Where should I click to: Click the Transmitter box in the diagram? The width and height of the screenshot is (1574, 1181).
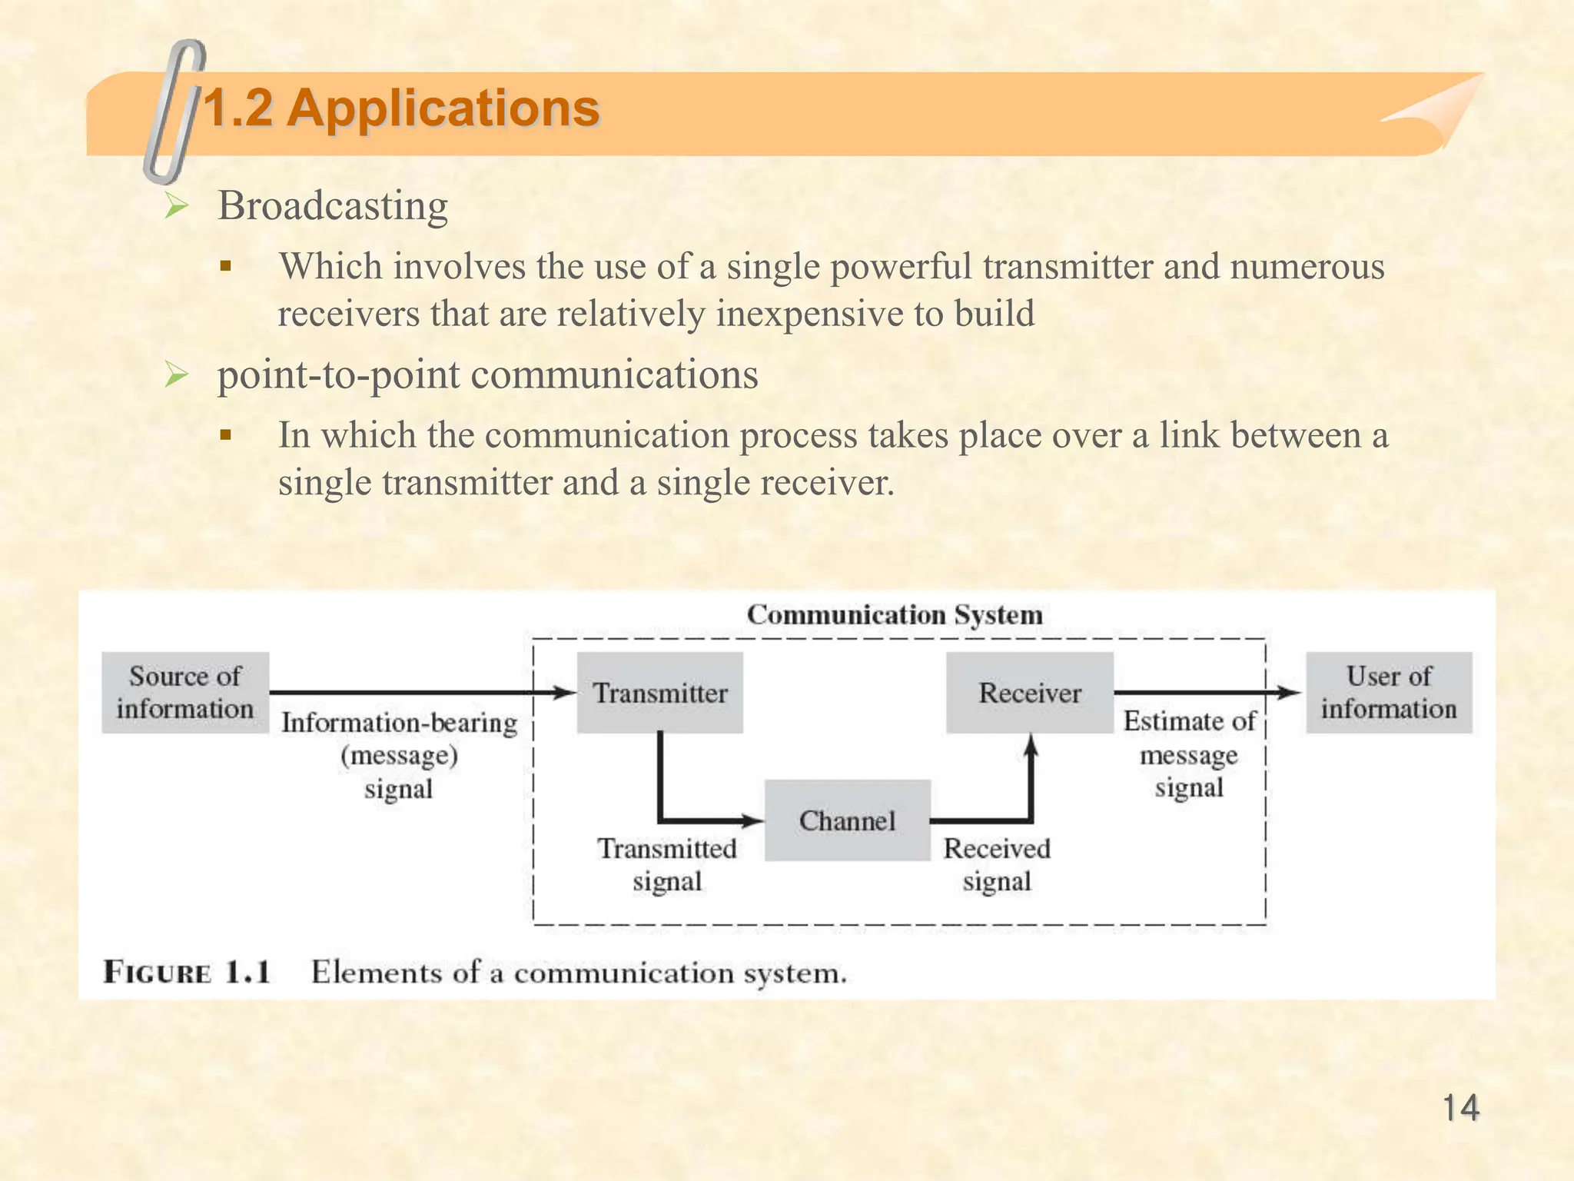pyautogui.click(x=659, y=693)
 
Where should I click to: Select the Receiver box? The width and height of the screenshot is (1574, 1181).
pyautogui.click(x=1029, y=693)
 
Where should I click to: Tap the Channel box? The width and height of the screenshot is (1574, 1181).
pyautogui.click(x=847, y=820)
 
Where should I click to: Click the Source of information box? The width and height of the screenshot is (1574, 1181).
pyautogui.click(x=185, y=692)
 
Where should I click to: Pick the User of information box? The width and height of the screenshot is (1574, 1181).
pyautogui.click(x=1389, y=692)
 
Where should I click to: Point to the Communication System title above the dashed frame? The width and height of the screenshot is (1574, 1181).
pyautogui.click(x=895, y=615)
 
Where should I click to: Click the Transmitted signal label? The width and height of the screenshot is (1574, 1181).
pyautogui.click(x=667, y=865)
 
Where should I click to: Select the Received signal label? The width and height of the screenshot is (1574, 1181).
pyautogui.click(x=997, y=865)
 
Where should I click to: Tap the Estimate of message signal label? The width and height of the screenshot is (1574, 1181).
pyautogui.click(x=1189, y=754)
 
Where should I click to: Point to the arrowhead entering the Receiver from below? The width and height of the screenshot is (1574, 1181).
pyautogui.click(x=1031, y=743)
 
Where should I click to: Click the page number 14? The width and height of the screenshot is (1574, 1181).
pyautogui.click(x=1460, y=1109)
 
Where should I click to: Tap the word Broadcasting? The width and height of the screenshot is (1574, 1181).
pyautogui.click(x=333, y=206)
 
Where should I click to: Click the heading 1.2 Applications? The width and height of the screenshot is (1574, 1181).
pyautogui.click(x=400, y=108)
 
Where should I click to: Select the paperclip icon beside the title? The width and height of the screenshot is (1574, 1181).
pyautogui.click(x=175, y=111)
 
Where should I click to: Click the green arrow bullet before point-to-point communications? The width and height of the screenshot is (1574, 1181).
pyautogui.click(x=177, y=375)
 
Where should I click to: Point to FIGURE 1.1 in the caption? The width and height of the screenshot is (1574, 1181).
pyautogui.click(x=187, y=973)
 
